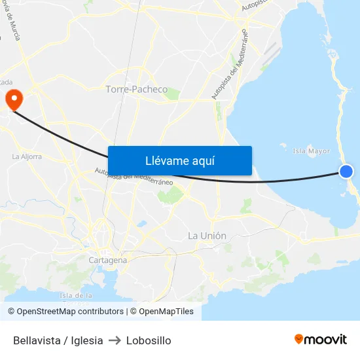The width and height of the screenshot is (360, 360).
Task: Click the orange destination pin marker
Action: (x=14, y=99)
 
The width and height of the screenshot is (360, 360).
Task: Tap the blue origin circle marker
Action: (x=346, y=171)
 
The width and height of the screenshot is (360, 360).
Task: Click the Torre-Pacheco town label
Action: (x=137, y=89)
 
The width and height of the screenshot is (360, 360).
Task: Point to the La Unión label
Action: (x=207, y=236)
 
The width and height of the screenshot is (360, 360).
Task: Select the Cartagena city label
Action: (x=107, y=260)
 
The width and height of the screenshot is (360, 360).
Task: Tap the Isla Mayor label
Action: (x=311, y=151)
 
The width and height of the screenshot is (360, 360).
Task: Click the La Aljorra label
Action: (x=27, y=157)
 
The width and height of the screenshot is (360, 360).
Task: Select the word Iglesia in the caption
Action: (x=84, y=340)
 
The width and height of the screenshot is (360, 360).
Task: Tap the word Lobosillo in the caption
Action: (x=149, y=340)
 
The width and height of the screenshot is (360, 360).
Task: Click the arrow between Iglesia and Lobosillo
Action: (x=115, y=340)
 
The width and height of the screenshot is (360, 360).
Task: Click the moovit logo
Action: (x=321, y=339)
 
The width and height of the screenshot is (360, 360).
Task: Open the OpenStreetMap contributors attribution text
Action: (x=70, y=312)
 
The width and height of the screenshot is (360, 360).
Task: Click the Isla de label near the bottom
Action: (x=74, y=295)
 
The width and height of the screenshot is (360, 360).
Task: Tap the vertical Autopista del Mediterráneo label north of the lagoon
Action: (x=230, y=64)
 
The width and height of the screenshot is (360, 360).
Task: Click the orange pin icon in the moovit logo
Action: (x=299, y=339)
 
